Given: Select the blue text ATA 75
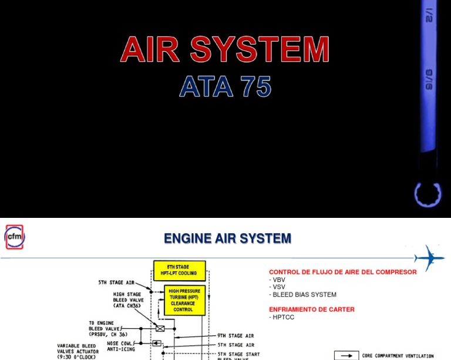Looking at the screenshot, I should [x=225, y=87].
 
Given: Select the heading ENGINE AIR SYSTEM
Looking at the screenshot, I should [x=227, y=238].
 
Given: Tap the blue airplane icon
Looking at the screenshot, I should [x=429, y=257].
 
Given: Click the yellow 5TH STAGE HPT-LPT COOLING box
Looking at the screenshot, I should [x=179, y=270].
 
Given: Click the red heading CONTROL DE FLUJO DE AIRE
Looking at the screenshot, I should [x=342, y=272].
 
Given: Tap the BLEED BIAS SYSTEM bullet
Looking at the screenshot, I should [x=302, y=295].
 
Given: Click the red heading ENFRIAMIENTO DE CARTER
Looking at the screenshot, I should [x=311, y=309].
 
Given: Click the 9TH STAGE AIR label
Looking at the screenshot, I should [x=235, y=336].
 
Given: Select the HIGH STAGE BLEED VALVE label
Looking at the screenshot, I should [x=128, y=300].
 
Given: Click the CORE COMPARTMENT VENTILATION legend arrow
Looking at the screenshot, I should [x=346, y=355].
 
